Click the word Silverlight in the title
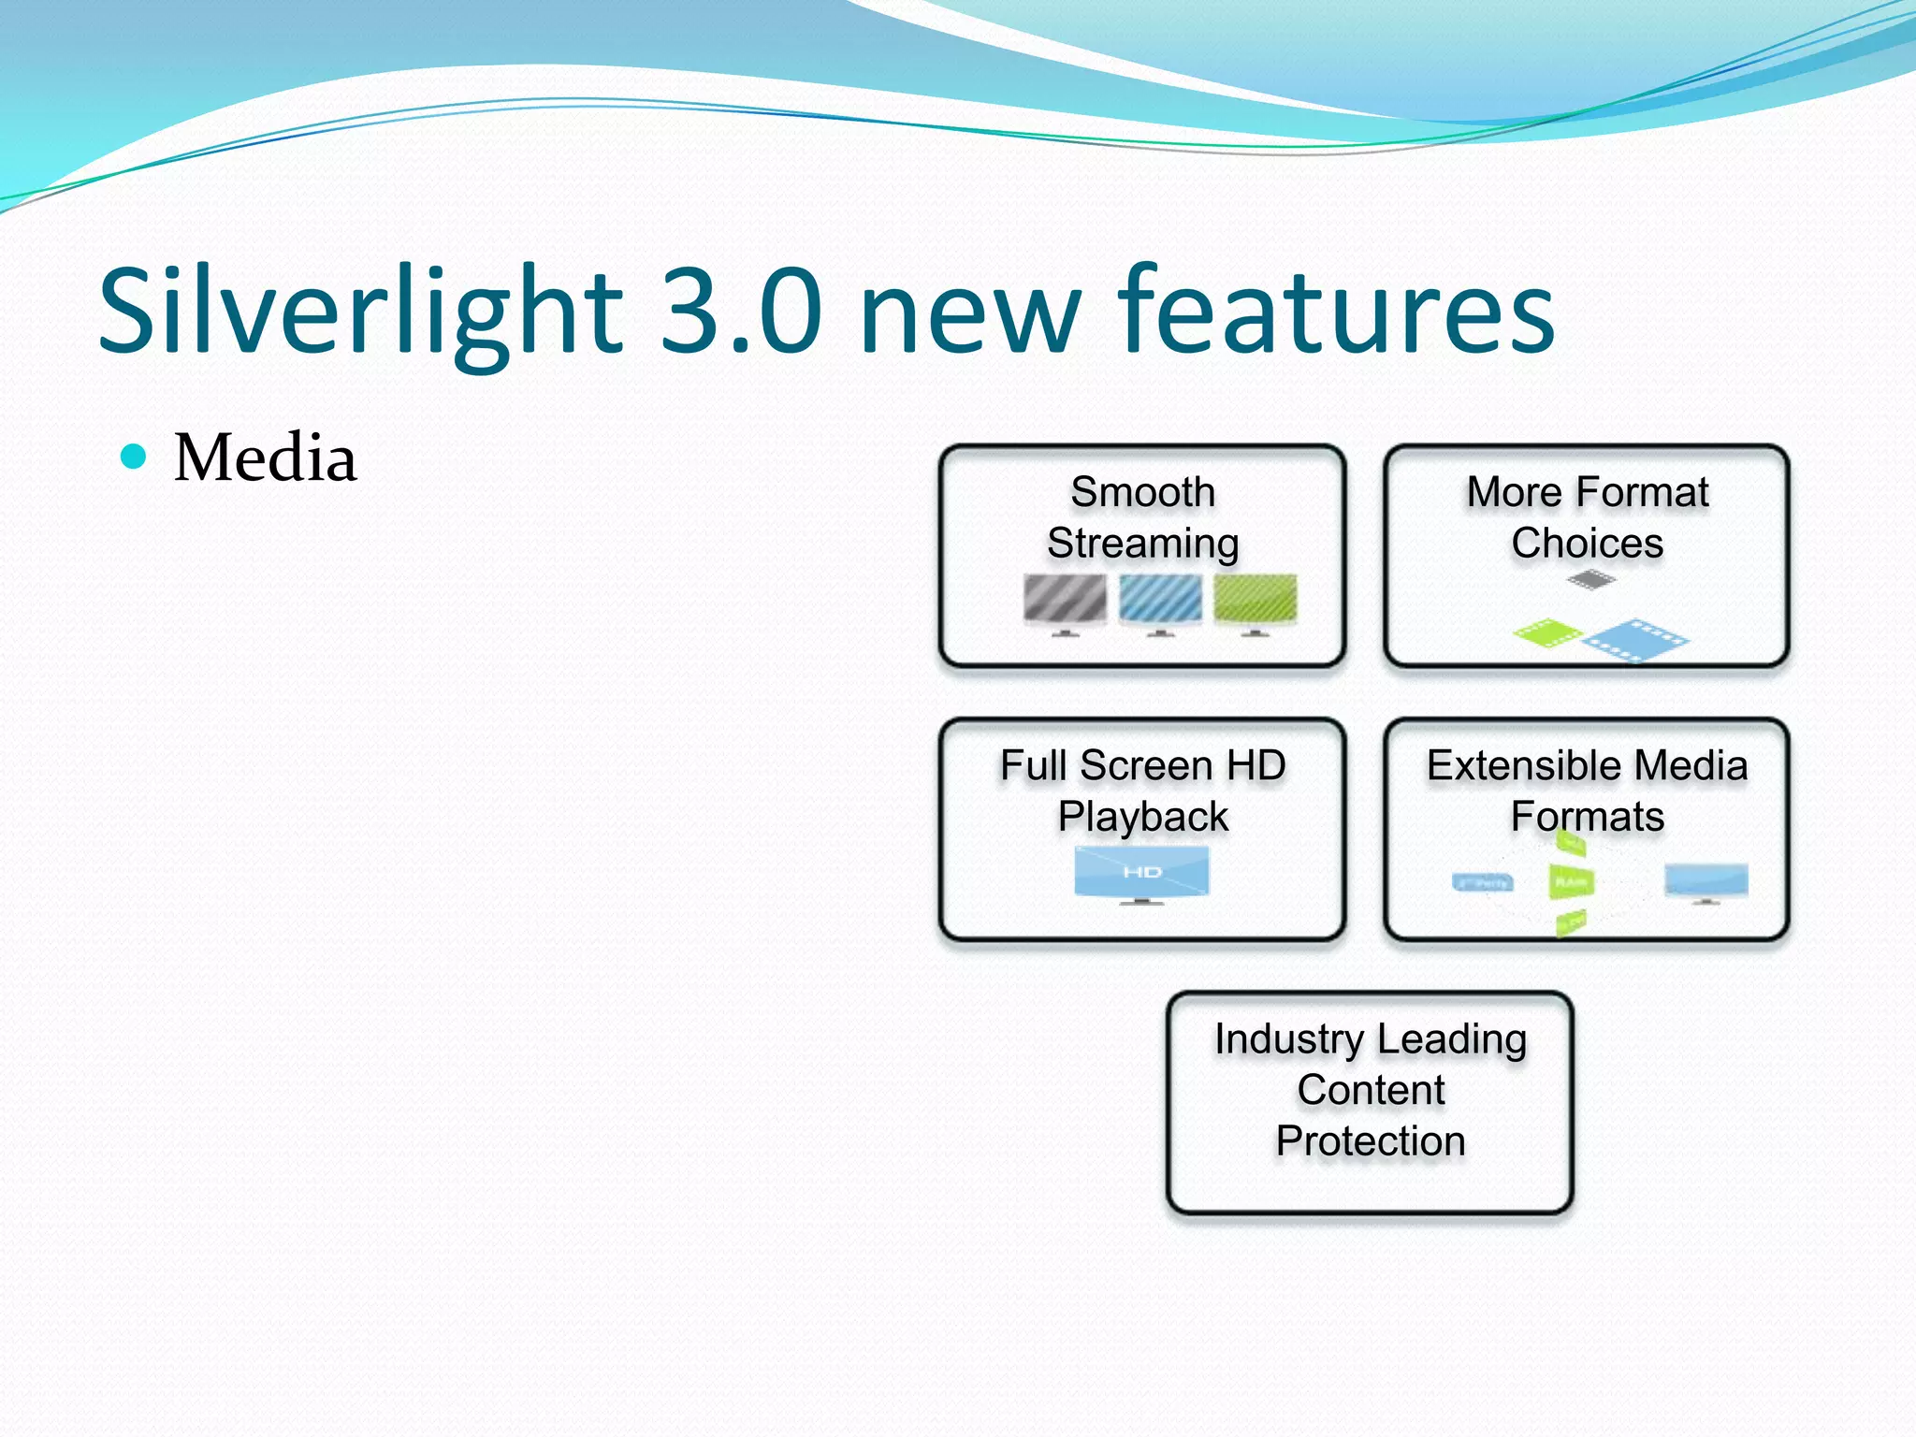pos(360,311)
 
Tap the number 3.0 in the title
pos(741,311)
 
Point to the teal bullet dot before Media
pos(135,457)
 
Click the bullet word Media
pos(266,458)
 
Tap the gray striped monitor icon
pos(1065,601)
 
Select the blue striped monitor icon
pos(1160,601)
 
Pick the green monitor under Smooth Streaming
pos(1255,601)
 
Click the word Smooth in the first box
pos(1142,492)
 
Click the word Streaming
pos(1142,544)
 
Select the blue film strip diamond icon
pos(1636,641)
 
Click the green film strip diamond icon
pos(1546,633)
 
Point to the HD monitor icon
pos(1141,874)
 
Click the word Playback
pos(1142,817)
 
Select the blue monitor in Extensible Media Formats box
pos(1706,881)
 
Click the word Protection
pos(1371,1141)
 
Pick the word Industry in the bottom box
pos(1288,1039)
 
